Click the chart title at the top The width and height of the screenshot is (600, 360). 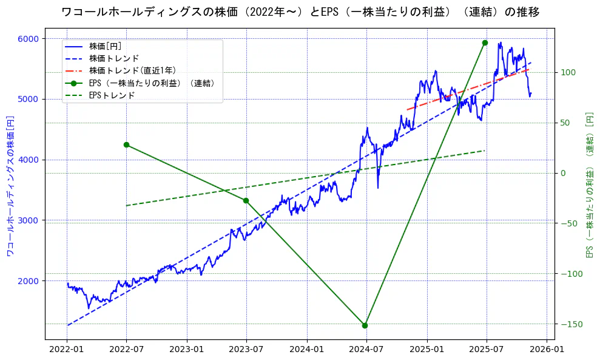(300, 12)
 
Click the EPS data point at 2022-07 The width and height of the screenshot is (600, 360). (126, 144)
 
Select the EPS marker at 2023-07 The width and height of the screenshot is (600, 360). (246, 200)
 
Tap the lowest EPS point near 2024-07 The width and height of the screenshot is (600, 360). (365, 325)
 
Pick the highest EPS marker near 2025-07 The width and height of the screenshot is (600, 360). (485, 42)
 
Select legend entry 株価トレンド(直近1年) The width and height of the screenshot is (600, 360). (132, 70)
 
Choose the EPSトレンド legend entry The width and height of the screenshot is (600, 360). (112, 95)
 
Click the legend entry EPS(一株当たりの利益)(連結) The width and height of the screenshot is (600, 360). (152, 83)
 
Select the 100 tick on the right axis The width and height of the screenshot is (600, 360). (567, 72)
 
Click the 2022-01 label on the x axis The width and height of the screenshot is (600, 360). (67, 350)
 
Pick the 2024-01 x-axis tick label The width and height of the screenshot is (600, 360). (307, 350)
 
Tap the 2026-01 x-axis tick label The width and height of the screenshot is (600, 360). (547, 350)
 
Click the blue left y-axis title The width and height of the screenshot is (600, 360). (10, 185)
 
